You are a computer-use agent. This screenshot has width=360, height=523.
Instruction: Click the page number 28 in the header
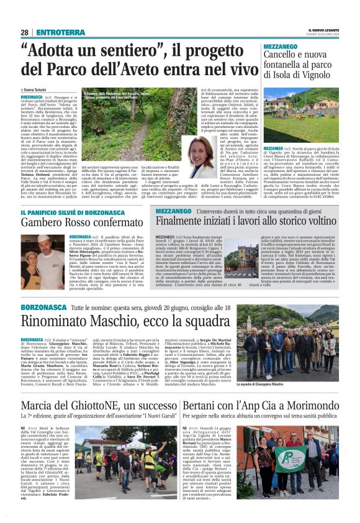25,32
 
